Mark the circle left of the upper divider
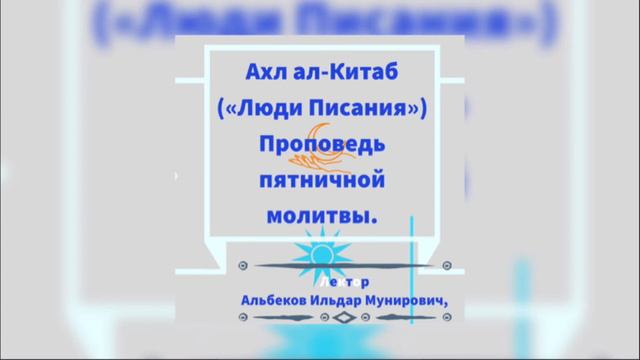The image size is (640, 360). pos(243,267)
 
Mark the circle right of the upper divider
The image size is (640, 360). pos(444,267)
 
